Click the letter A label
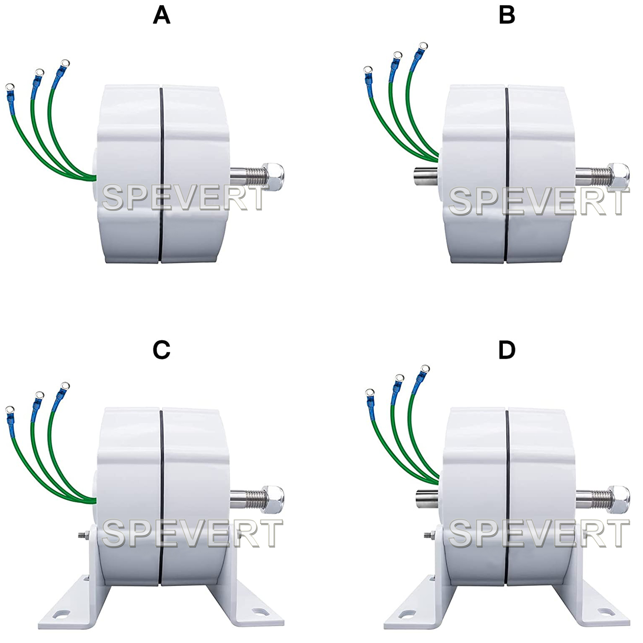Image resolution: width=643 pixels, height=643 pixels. point(162,16)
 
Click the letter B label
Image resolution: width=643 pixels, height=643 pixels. point(507,16)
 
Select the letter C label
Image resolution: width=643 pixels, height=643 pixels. point(162,350)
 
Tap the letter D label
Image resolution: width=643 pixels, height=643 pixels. point(507,350)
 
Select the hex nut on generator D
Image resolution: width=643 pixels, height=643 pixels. point(619,499)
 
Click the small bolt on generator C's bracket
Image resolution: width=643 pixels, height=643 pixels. point(84,535)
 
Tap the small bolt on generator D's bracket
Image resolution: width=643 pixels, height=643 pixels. point(430,535)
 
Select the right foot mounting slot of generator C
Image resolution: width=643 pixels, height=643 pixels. point(260,610)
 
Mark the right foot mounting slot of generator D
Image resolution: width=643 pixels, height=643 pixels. point(606,610)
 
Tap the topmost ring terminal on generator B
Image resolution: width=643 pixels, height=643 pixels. point(423,46)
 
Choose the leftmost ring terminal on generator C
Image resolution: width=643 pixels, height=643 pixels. point(9,410)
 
